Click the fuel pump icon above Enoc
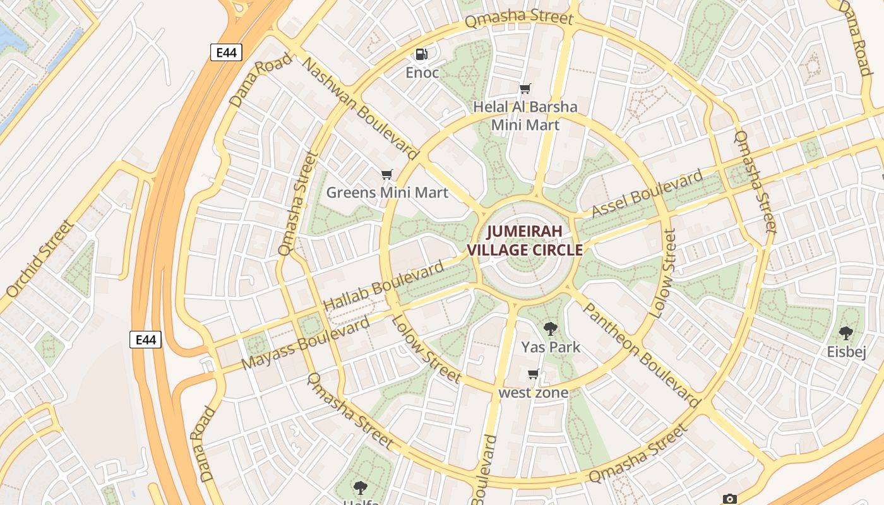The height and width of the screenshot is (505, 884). [x=422, y=55]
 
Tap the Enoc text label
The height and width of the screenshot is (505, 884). [x=422, y=73]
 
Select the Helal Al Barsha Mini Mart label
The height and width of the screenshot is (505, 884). [x=525, y=116]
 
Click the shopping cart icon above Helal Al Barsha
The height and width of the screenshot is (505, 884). [x=525, y=89]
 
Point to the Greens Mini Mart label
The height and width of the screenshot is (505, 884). [x=387, y=193]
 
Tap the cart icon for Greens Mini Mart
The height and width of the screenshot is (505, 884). [x=387, y=174]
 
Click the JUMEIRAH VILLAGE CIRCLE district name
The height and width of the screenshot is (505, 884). [x=525, y=241]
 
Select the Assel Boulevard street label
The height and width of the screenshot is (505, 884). [x=647, y=194]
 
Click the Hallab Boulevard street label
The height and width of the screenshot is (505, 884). [x=384, y=287]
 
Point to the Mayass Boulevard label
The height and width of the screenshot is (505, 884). [x=306, y=343]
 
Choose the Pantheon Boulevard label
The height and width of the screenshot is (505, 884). [x=641, y=355]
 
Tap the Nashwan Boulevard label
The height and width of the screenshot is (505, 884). [x=360, y=108]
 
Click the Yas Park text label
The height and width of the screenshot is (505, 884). [x=551, y=347]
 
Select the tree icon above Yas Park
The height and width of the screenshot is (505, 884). [x=551, y=328]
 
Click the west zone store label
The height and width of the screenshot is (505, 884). [x=534, y=393]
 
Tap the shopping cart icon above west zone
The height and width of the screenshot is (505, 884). [x=534, y=374]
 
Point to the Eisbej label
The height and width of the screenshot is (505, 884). [x=846, y=352]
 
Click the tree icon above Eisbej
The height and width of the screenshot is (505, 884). [x=846, y=333]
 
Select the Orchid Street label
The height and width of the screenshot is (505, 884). [x=40, y=259]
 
